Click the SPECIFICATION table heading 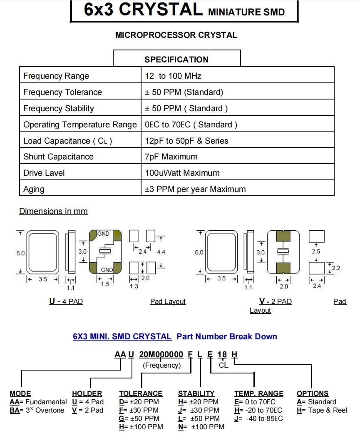click(x=176, y=59)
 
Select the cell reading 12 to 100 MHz click(x=173, y=76)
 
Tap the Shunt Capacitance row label click(x=58, y=157)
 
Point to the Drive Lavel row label click(x=44, y=173)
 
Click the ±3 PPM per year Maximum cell click(x=195, y=189)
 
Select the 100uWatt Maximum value click(x=182, y=173)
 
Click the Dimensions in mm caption click(x=53, y=211)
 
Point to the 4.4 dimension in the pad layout click(x=161, y=252)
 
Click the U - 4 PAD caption click(x=66, y=301)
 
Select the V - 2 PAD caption click(x=275, y=301)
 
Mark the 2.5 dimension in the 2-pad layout click(x=316, y=251)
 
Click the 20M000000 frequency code click(x=161, y=355)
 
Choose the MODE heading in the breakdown click(x=20, y=393)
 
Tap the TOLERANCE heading click(x=141, y=393)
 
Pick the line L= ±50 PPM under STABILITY click(x=198, y=418)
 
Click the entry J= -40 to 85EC click(x=259, y=418)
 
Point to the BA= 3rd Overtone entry click(x=37, y=410)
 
